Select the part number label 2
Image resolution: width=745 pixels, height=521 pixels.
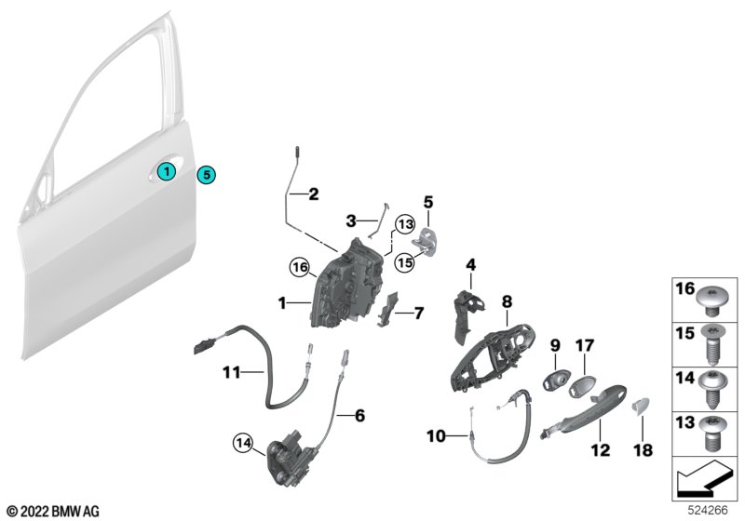point(313,195)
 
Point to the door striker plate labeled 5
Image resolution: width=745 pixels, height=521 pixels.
point(428,237)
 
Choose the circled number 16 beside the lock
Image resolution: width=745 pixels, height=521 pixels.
point(298,267)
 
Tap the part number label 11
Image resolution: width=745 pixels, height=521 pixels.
point(230,373)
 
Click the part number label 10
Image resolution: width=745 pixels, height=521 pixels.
point(436,434)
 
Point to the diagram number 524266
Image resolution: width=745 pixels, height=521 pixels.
point(709,511)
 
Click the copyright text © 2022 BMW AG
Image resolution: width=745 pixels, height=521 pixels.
point(52,511)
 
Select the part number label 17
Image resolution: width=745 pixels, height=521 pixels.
point(583,345)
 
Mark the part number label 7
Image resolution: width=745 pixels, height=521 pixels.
point(419,314)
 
